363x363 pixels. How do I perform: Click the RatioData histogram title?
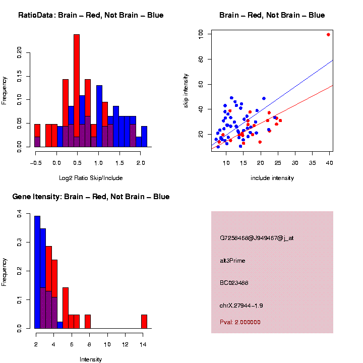coord(91,15)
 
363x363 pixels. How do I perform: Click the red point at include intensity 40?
coord(328,35)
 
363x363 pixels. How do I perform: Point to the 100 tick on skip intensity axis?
coord(201,34)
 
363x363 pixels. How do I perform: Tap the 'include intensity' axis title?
coord(272,178)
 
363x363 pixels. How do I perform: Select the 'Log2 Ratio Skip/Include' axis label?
coord(91,178)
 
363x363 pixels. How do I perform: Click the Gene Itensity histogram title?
coord(91,197)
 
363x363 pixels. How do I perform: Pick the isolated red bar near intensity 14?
coord(144,322)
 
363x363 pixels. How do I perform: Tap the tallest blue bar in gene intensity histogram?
coord(37,272)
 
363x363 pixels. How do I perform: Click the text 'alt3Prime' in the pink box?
coord(232,261)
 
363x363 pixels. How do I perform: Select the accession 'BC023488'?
coord(234,283)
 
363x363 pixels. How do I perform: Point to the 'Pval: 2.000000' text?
coord(240,322)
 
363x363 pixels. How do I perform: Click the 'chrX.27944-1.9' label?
coord(241,306)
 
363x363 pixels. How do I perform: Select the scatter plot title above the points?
coord(272,15)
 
